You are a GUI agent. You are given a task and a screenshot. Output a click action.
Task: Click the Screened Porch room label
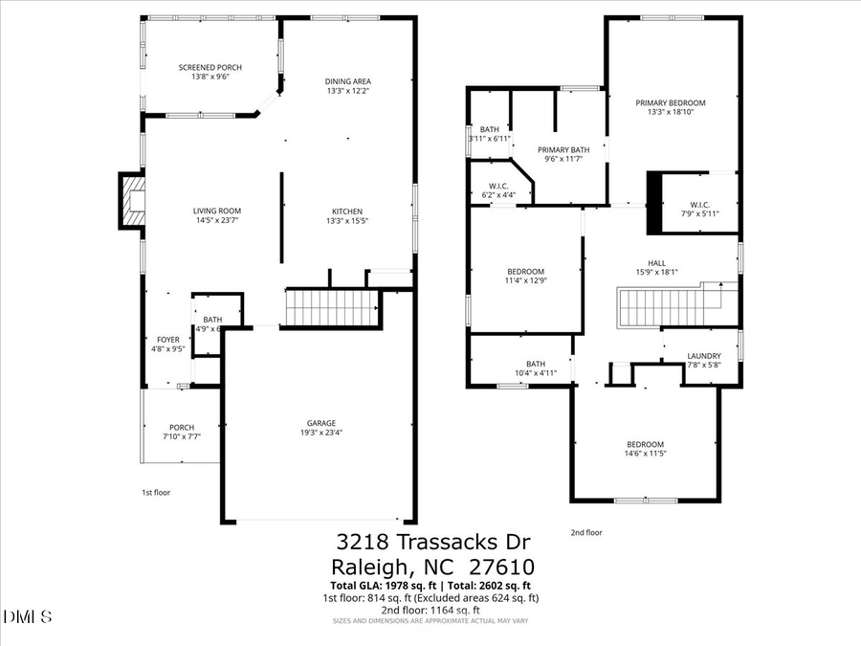point(210,67)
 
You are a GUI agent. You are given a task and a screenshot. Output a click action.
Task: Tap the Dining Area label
point(348,80)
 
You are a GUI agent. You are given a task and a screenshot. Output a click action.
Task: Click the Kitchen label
point(347,212)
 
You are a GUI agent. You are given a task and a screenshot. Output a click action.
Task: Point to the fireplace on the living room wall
point(131,201)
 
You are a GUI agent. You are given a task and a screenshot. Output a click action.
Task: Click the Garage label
point(320,423)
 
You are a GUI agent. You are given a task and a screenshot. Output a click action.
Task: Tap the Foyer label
point(168,340)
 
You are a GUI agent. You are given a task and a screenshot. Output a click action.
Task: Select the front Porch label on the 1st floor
point(182,428)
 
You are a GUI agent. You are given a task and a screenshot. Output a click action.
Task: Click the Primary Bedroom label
point(671,103)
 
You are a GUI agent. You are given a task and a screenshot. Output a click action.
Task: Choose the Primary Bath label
point(563,149)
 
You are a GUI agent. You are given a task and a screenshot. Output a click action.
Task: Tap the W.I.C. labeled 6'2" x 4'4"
point(498,187)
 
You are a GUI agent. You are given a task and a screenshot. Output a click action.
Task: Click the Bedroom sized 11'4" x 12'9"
point(525,271)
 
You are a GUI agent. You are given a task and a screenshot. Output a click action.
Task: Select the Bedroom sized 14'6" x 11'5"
point(645,444)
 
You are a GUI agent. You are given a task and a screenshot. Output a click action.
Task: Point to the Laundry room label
point(704,356)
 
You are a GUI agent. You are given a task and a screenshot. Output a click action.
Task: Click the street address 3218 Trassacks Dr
point(430,543)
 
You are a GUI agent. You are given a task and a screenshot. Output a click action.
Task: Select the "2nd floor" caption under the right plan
point(586,533)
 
